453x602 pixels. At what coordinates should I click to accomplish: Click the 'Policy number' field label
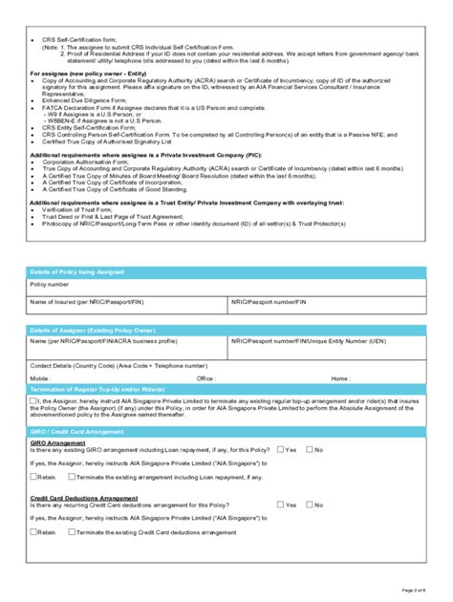pos(49,284)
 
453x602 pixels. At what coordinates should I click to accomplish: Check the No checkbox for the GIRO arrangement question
pos(309,448)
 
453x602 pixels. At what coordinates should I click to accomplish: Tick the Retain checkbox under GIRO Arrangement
pos(33,475)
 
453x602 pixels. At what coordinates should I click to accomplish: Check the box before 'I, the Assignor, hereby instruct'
pos(33,401)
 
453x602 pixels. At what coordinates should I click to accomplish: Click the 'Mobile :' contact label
pos(40,376)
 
